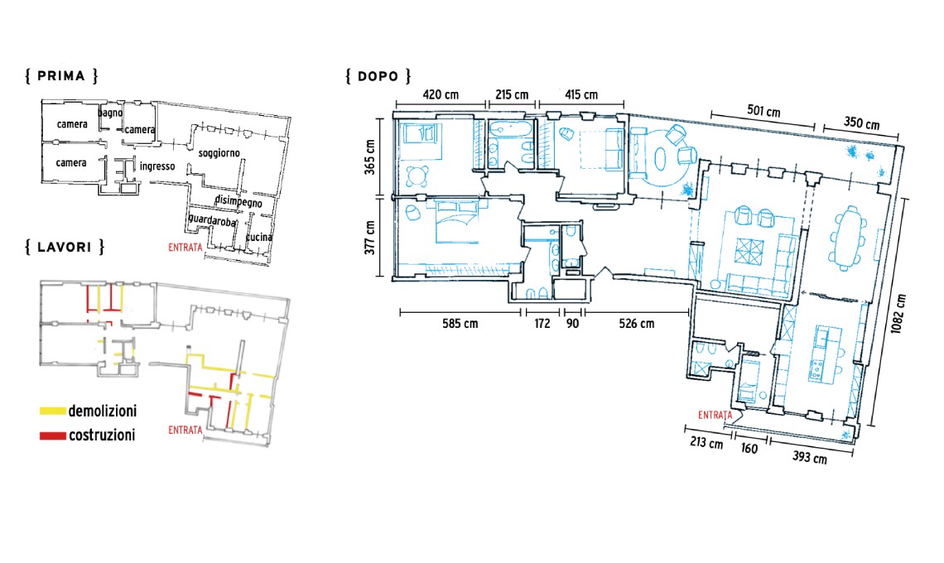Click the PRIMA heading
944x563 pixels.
pos(61,76)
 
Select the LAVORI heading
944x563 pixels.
pos(65,247)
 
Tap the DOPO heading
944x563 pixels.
pos(378,76)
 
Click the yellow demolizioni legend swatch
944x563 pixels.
pos(52,411)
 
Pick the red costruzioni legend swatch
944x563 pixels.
pos(52,435)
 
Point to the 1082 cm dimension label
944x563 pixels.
pos(898,314)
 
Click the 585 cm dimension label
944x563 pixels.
pos(460,324)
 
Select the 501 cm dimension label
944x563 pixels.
pos(763,111)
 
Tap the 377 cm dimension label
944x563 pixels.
pos(369,238)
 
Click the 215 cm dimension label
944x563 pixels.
pos(512,95)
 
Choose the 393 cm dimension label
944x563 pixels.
pos(809,458)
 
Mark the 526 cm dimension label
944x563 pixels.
pos(636,324)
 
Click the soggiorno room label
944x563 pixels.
pos(219,153)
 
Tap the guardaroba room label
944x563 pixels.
pos(212,220)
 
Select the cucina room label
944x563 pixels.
pos(259,237)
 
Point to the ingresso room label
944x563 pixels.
pos(157,166)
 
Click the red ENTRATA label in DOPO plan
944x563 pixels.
pos(715,415)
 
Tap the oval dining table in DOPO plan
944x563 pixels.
pos(850,238)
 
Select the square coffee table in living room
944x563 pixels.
pos(749,251)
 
